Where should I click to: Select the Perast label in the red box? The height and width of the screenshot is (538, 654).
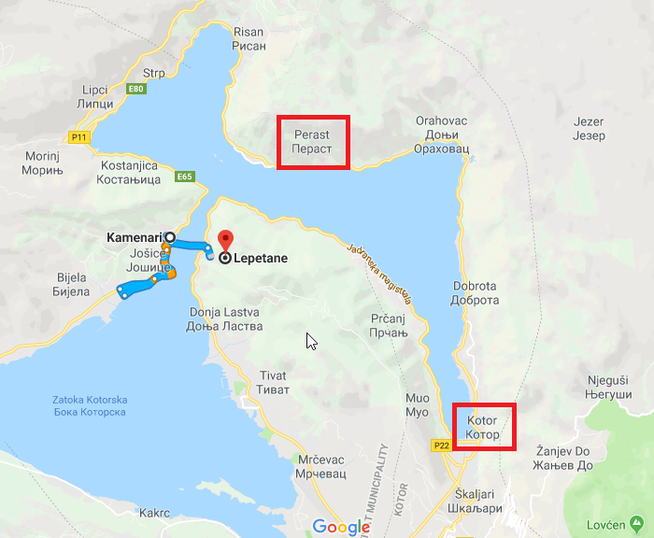tap(312, 142)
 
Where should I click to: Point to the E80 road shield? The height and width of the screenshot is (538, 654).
tap(137, 89)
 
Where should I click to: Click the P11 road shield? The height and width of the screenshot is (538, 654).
tap(78, 136)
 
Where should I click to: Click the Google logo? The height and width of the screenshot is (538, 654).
tap(342, 527)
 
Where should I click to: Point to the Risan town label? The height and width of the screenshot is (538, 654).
tap(248, 37)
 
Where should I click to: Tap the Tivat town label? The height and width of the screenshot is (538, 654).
tap(271, 382)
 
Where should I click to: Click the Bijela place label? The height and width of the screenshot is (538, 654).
tap(71, 284)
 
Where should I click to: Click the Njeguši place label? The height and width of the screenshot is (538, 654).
tap(608, 388)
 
